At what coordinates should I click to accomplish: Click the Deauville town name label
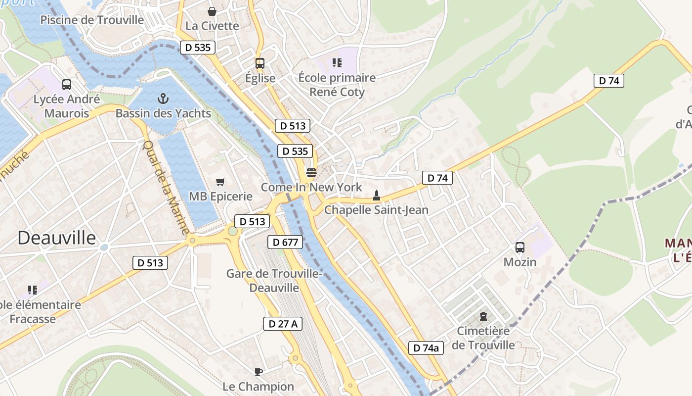click(x=57, y=238)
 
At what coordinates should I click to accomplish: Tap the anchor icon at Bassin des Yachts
click(x=163, y=99)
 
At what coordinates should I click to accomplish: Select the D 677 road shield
click(x=285, y=242)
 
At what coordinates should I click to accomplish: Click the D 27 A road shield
click(x=282, y=324)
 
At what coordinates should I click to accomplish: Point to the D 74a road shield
click(x=426, y=348)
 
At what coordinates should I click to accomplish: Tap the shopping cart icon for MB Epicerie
click(x=220, y=182)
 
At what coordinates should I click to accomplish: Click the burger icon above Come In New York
click(x=311, y=173)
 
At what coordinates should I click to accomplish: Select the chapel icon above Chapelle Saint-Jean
click(x=376, y=196)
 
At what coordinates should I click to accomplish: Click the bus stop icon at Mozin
click(x=520, y=247)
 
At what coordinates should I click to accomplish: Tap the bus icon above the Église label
click(x=260, y=63)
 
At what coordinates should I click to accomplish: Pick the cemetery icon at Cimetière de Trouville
click(x=483, y=316)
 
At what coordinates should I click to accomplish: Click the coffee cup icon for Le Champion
click(x=258, y=372)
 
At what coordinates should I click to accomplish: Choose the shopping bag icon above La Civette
click(x=212, y=11)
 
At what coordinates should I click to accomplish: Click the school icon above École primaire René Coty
click(x=337, y=63)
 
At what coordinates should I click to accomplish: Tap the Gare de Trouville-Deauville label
click(x=274, y=281)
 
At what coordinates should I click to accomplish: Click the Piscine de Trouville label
click(x=92, y=20)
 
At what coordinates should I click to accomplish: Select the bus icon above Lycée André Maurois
click(x=67, y=85)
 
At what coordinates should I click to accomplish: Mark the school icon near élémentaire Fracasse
click(x=33, y=290)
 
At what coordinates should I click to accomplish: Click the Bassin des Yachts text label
click(x=163, y=113)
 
